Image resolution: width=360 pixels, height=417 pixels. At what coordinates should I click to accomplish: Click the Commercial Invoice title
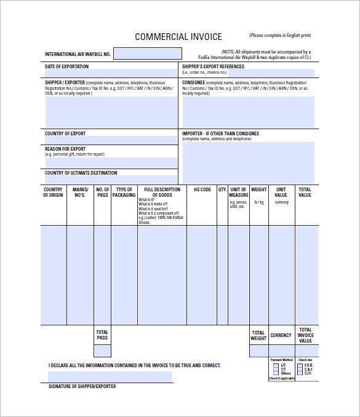[178, 37]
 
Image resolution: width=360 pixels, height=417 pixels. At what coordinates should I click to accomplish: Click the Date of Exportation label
[66, 66]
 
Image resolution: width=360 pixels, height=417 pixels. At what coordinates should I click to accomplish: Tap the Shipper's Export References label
[213, 66]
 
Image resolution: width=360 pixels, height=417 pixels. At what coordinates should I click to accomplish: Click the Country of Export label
[65, 133]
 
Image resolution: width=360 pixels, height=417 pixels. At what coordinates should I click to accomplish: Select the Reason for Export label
[65, 149]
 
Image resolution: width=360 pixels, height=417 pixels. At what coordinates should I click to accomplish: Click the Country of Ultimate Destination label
[81, 173]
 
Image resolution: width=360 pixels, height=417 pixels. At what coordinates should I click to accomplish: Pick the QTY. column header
[222, 189]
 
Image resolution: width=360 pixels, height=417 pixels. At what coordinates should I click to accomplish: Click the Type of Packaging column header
[124, 193]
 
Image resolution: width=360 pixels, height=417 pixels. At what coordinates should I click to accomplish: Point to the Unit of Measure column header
[238, 193]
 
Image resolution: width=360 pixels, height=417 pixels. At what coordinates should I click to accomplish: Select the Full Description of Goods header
[162, 193]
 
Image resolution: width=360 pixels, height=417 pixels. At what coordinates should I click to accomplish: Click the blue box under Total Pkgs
[102, 351]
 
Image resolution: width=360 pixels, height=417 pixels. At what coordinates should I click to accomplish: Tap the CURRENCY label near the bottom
[281, 335]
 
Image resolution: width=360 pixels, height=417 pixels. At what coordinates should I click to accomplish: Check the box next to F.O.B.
[300, 365]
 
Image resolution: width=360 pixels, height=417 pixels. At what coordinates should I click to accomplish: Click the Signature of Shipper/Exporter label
[82, 386]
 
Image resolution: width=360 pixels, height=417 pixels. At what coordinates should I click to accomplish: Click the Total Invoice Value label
[306, 335]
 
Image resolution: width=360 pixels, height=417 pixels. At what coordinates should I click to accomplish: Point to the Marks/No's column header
[81, 193]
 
